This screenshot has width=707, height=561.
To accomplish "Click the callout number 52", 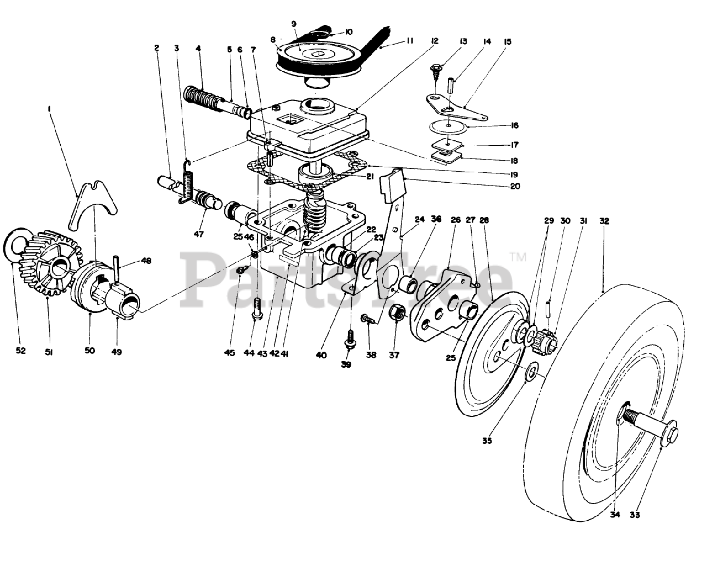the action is (x=20, y=351).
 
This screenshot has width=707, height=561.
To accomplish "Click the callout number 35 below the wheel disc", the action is (x=487, y=441).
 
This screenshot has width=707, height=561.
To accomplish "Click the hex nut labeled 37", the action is (x=399, y=315).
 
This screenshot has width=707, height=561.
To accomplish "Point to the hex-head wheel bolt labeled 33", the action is (x=657, y=425).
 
